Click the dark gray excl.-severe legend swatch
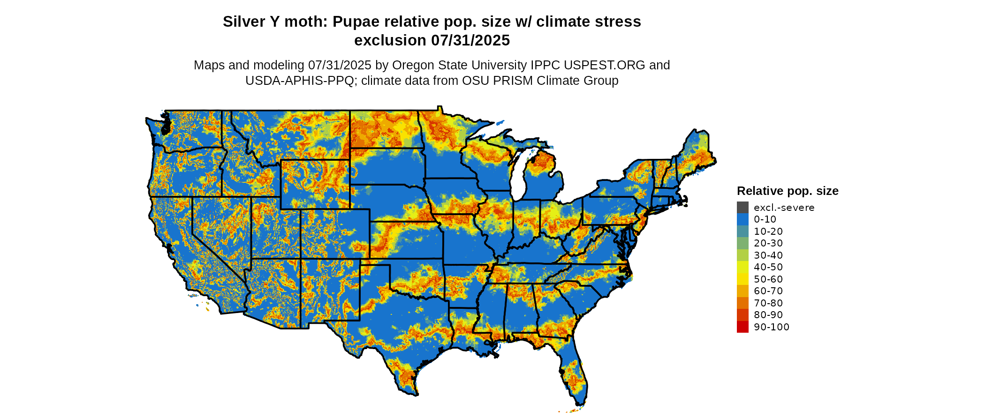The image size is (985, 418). (x=743, y=207)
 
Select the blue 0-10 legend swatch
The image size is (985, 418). (x=743, y=219)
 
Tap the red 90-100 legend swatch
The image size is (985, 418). (x=743, y=327)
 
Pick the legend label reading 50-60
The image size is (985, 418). (x=768, y=279)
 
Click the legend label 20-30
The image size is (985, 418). (x=768, y=243)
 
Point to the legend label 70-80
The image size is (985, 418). (x=768, y=303)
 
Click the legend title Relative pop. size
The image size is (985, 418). (x=788, y=191)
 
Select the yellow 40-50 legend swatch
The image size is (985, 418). (x=743, y=267)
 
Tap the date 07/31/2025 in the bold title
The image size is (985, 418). (x=470, y=41)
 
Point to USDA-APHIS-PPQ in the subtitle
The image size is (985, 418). (x=300, y=81)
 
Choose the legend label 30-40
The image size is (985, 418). (x=768, y=255)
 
